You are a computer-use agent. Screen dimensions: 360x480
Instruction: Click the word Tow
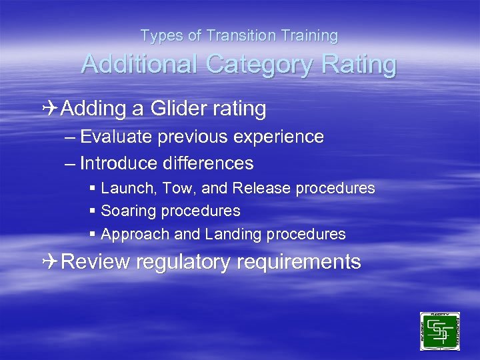pos(176,189)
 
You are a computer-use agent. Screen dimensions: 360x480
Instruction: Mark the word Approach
pos(131,235)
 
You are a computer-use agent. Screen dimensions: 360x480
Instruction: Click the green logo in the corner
pos(439,331)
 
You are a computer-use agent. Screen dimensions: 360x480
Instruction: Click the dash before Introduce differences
pos(71,163)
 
